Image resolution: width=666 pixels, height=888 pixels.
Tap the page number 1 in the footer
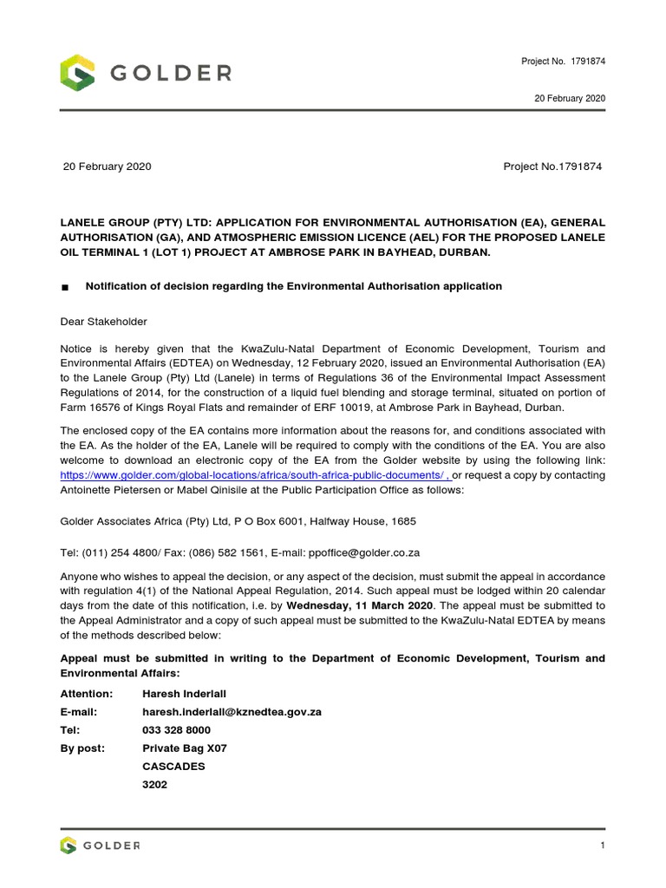tap(601, 846)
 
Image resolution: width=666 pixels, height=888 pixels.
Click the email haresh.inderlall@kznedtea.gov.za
tap(232, 712)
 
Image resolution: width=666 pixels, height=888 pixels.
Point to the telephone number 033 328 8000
tap(177, 730)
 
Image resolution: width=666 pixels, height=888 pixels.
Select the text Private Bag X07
tap(184, 748)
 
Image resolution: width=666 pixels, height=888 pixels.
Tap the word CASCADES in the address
tap(173, 767)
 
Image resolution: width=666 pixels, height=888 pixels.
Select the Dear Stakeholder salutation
tap(103, 322)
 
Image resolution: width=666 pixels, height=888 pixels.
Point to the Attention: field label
tap(87, 694)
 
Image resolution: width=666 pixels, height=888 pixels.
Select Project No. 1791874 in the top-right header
tap(563, 61)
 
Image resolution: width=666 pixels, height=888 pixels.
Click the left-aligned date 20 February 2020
tap(108, 166)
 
